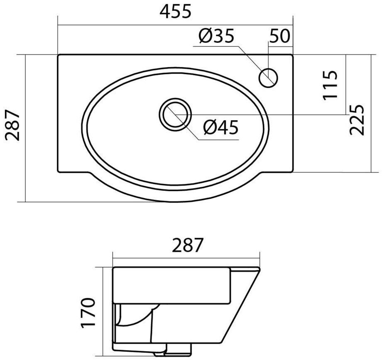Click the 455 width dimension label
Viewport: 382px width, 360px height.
[175, 12]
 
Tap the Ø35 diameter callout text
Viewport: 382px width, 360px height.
[216, 36]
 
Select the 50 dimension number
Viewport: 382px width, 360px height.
[280, 36]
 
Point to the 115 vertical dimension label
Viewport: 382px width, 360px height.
[330, 85]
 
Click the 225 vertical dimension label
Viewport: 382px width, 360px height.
[356, 120]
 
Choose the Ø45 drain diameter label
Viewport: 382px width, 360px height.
[221, 127]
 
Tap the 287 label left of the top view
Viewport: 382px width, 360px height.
[12, 125]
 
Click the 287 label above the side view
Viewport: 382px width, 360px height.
[187, 245]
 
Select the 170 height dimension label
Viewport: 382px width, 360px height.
[88, 313]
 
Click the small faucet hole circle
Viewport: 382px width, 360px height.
[268, 77]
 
